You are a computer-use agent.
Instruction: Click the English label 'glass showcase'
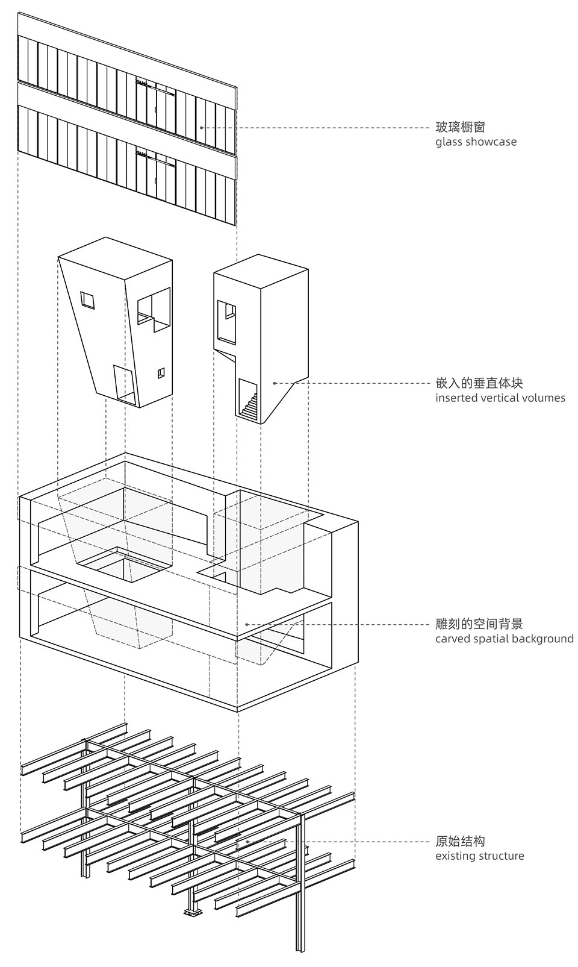tap(476, 142)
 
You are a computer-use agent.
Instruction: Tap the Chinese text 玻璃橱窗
tap(460, 127)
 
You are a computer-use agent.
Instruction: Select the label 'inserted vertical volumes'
tap(500, 398)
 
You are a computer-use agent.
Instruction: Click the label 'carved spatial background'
tap(504, 639)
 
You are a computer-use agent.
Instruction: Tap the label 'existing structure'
tap(479, 856)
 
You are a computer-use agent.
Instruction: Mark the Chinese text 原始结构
tap(460, 841)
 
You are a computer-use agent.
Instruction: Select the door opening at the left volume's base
tap(125, 383)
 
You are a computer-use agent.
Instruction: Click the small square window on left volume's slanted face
tap(89, 300)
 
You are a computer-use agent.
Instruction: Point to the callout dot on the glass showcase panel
tap(201, 128)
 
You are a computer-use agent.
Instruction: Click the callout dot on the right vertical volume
tap(275, 383)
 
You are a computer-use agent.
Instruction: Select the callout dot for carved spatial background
tap(247, 624)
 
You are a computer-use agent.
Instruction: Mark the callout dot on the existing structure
tap(247, 841)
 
